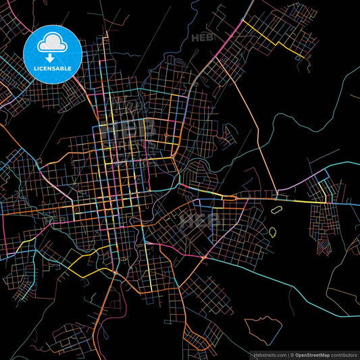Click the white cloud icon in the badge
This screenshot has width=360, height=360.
pos(52,44)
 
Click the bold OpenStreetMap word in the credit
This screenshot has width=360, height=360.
pos(316,354)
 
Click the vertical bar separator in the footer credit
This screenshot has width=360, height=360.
pos(288,354)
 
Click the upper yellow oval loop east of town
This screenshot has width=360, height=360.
pos(277,210)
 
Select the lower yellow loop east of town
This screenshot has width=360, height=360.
pos(273,232)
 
